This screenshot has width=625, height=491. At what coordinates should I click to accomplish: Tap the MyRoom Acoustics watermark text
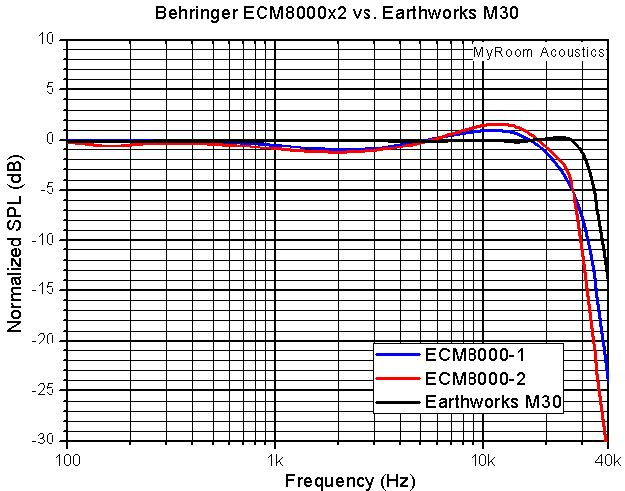(x=539, y=52)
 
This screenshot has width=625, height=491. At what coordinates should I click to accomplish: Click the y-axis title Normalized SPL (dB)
(x=16, y=241)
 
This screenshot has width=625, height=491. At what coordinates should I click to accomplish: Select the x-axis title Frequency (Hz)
(x=337, y=481)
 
